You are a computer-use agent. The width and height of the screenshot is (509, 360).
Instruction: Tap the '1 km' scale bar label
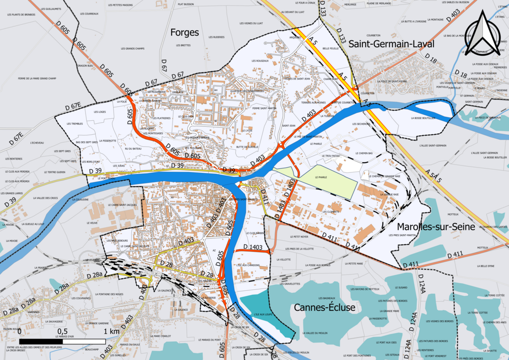tap(111, 331)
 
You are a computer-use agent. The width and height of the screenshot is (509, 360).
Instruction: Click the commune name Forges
tap(184, 33)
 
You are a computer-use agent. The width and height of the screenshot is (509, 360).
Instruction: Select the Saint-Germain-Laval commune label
tap(391, 44)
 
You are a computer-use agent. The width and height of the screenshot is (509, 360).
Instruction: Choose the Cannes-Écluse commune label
tap(325, 307)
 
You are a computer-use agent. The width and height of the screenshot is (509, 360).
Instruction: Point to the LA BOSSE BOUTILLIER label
tap(423, 118)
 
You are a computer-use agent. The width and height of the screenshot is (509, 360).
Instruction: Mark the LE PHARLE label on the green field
tap(323, 177)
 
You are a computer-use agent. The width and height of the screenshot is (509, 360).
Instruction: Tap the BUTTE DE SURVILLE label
tap(247, 147)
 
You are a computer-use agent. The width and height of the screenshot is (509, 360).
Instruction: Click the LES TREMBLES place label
tap(75, 123)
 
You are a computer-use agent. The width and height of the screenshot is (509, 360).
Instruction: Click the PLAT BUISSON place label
tap(185, 4)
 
